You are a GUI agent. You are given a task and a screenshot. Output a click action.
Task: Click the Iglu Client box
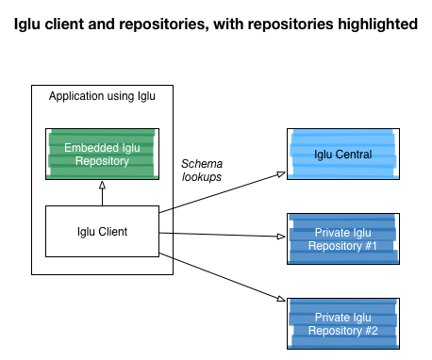coord(102,231)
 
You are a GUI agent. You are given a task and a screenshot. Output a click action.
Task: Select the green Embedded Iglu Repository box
coord(102,155)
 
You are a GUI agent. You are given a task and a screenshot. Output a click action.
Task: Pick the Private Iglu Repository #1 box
coord(341,239)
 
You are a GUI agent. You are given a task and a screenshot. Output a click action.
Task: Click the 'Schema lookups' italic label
coord(202,169)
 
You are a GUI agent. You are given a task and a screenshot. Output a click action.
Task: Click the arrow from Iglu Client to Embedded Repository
coord(102,193)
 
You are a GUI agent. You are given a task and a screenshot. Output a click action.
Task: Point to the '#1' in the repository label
coord(368,246)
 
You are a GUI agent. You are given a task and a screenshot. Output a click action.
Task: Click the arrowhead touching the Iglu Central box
coord(280,173)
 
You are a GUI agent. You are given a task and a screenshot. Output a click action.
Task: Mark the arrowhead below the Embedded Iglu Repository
coord(102,186)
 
